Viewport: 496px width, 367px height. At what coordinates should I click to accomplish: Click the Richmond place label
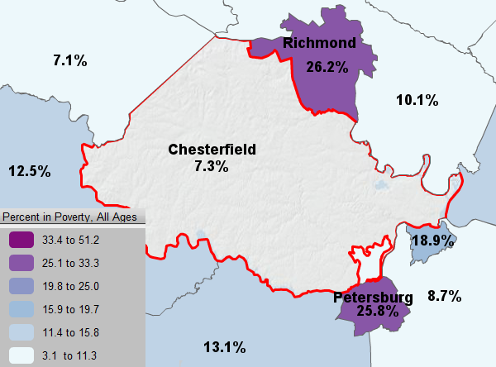click(x=319, y=43)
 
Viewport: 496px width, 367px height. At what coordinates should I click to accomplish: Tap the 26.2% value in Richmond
click(x=327, y=67)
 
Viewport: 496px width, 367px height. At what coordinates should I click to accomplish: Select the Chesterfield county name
click(x=212, y=150)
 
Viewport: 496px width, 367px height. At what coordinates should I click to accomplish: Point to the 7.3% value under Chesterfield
click(x=212, y=166)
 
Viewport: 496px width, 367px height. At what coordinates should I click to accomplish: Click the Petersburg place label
click(x=374, y=297)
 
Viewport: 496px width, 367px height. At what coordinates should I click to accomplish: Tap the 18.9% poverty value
click(x=432, y=241)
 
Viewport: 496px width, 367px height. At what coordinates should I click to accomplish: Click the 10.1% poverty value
click(x=417, y=100)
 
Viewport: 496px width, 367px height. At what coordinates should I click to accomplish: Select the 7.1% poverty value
click(x=70, y=60)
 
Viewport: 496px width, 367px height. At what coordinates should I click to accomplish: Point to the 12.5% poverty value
click(x=30, y=172)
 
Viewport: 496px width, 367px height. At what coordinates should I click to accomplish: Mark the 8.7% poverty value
click(x=444, y=296)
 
